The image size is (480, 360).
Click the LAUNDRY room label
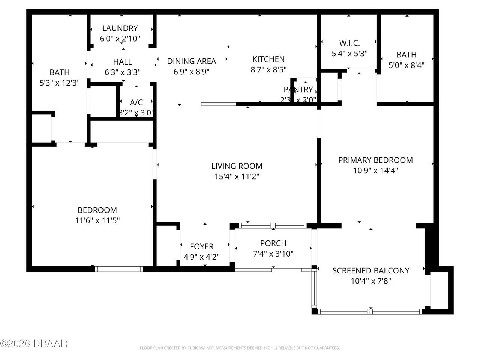point(120,28)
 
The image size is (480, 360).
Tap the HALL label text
point(123,62)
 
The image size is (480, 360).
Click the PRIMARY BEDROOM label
point(375,160)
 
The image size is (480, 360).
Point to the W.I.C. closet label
point(349,43)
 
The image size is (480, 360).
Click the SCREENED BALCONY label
point(370,270)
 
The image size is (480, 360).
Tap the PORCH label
point(273,243)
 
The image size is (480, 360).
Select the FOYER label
point(202,246)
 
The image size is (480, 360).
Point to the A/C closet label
point(136,102)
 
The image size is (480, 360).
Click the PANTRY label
point(298,90)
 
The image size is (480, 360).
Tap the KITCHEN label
point(268,59)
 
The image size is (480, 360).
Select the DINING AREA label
point(192,61)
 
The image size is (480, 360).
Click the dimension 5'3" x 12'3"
point(60,83)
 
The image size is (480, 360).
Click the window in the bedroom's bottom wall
point(119,268)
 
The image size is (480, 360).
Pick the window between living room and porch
point(273,225)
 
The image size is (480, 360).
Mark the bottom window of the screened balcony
point(370,311)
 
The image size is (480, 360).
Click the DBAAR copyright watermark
point(34,343)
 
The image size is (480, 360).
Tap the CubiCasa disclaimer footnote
point(240,348)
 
